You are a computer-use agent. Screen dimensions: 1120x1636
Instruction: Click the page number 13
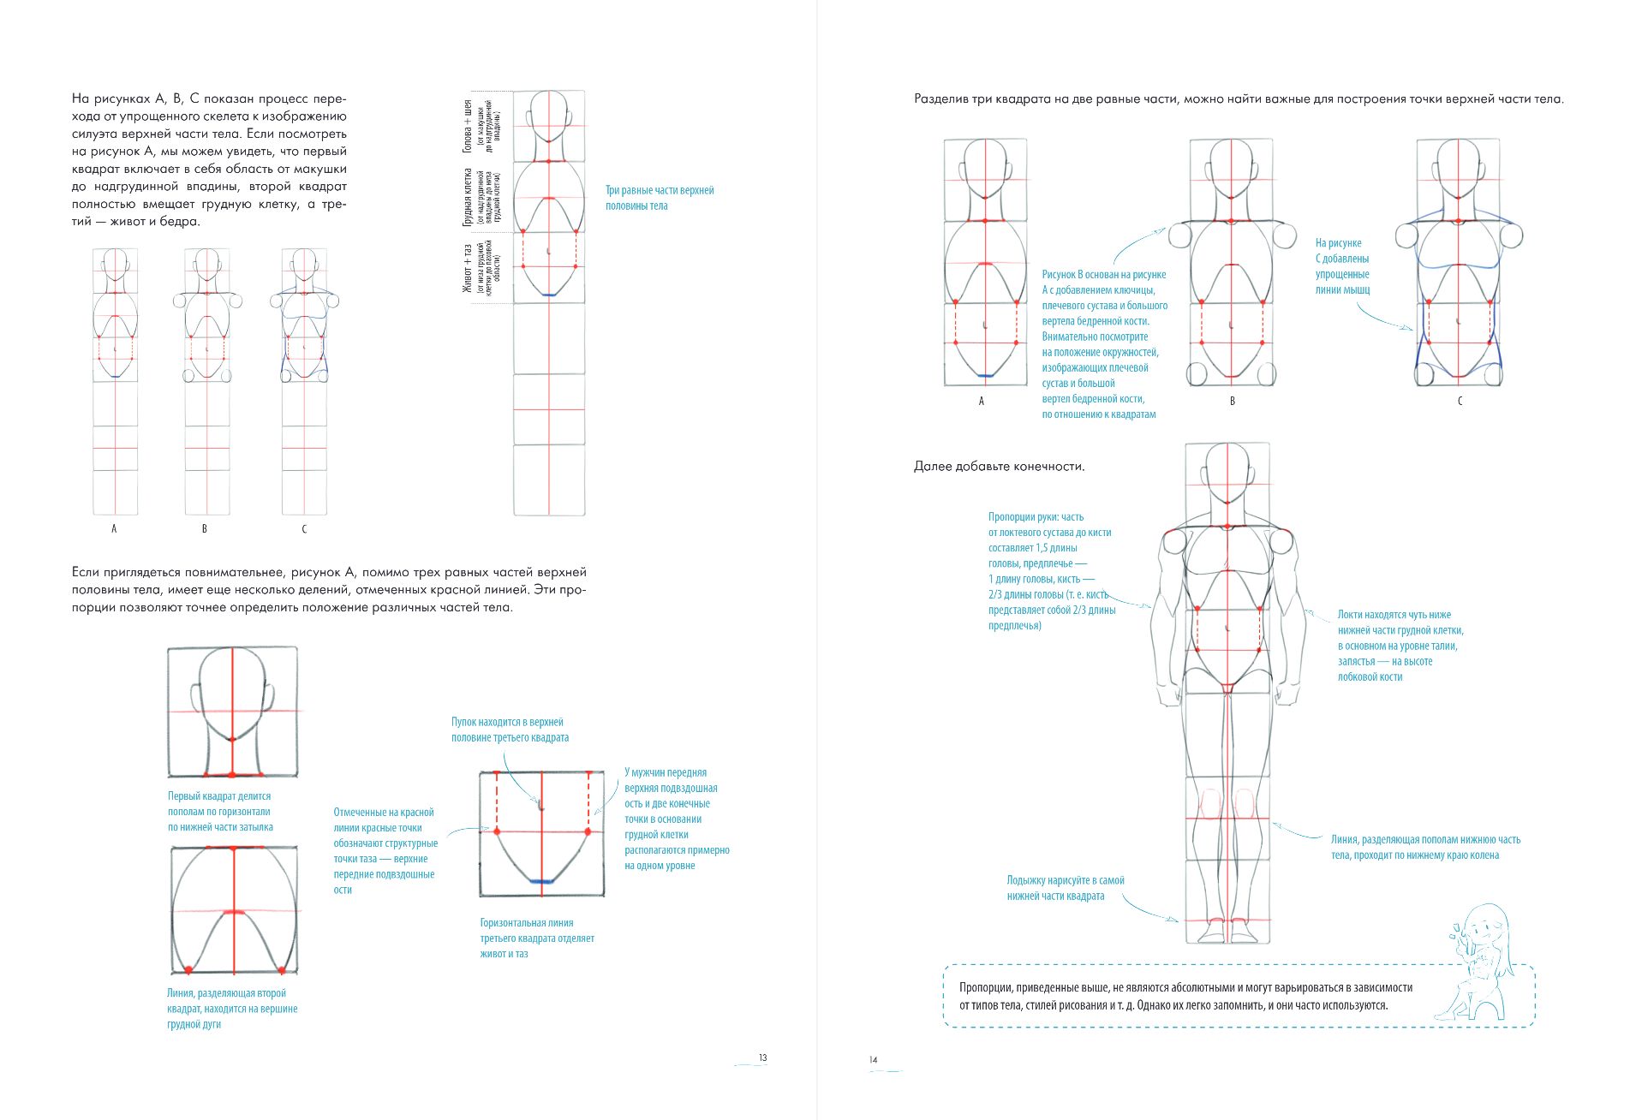[x=762, y=1057]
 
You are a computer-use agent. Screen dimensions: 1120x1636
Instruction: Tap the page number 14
[x=873, y=1060]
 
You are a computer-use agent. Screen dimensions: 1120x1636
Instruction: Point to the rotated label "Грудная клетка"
[x=469, y=197]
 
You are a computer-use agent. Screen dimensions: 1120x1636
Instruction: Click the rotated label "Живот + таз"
[x=467, y=268]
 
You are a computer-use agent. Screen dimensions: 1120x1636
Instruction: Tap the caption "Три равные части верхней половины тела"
[x=659, y=198]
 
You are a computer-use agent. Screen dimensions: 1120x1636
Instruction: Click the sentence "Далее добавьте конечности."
[x=999, y=467]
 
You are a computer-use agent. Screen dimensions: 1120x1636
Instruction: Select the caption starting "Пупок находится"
[x=510, y=730]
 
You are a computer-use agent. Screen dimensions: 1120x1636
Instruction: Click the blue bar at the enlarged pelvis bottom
[x=541, y=881]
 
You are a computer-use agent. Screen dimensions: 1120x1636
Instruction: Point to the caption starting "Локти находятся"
[x=1400, y=646]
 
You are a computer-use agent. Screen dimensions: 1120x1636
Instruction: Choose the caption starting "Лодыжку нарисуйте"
[x=1065, y=888]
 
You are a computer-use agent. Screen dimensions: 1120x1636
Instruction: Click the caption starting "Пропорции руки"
[x=1051, y=571]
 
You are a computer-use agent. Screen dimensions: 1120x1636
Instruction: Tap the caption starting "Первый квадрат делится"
[x=220, y=811]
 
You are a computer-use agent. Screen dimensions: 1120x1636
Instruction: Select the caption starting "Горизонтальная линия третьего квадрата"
[x=536, y=938]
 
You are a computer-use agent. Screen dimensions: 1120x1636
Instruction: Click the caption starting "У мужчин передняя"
[x=676, y=819]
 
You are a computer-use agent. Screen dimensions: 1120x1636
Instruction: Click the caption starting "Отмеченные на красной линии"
[x=385, y=850]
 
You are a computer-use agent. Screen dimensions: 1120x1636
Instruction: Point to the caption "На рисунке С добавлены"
[x=1342, y=266]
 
